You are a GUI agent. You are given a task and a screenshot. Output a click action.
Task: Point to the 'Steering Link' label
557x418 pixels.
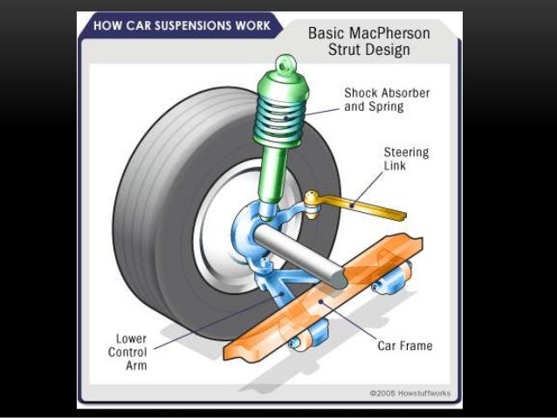[407, 158]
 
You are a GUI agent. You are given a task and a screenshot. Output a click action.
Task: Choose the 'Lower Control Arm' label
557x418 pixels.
[130, 349]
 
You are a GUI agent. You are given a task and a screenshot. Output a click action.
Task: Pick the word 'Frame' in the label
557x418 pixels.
[415, 346]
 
